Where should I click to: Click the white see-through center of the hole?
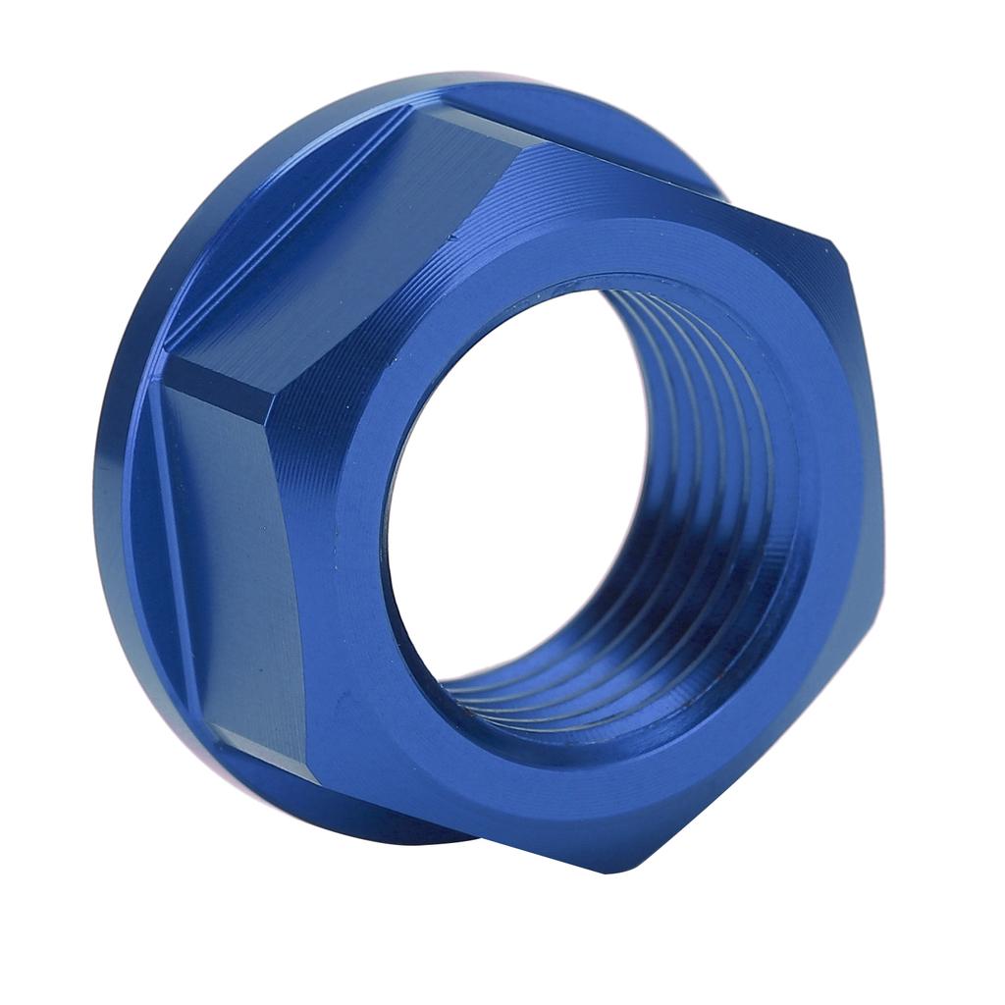coord(510,481)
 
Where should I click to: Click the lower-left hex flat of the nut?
coord(231,559)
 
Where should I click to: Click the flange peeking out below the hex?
coord(393,824)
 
